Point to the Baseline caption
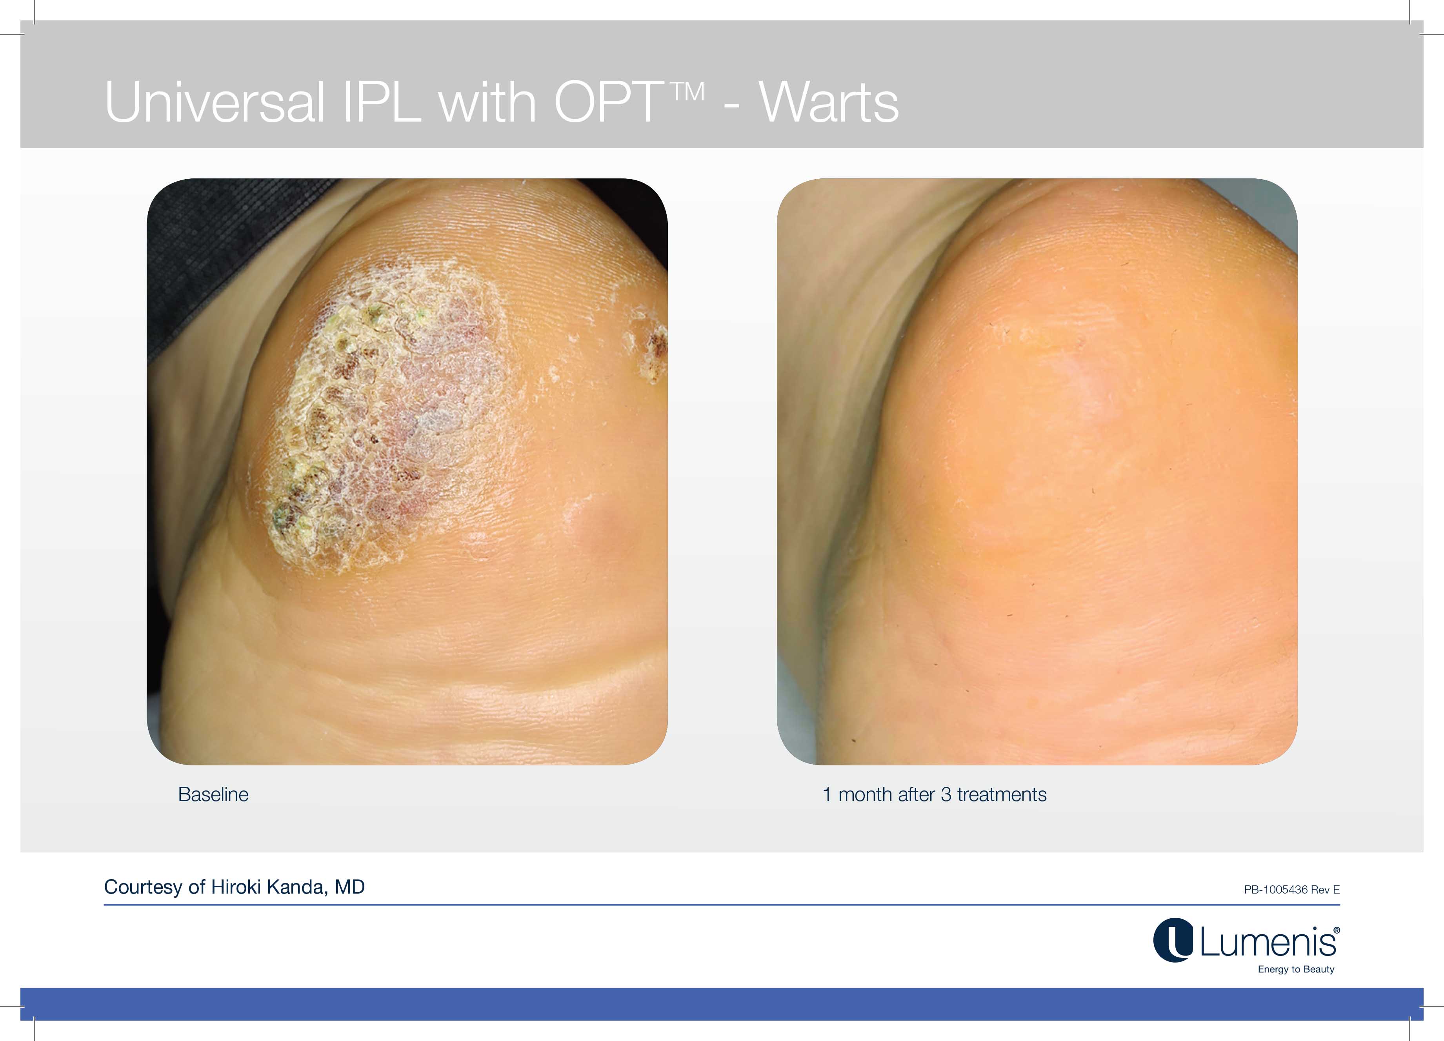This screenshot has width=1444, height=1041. click(x=213, y=795)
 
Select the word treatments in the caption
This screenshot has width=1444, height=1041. click(x=1002, y=795)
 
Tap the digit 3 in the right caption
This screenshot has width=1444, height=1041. click(x=946, y=795)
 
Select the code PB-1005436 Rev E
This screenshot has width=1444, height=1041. click(x=1292, y=890)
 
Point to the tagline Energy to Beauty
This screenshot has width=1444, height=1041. click(x=1296, y=969)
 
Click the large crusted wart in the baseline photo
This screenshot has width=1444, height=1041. click(x=382, y=414)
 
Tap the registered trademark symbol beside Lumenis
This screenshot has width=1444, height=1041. click(x=1337, y=930)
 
